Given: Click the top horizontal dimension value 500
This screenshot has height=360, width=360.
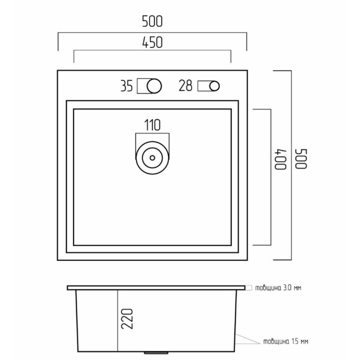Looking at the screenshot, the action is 152,21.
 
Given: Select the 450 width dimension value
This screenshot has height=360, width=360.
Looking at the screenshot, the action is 152,42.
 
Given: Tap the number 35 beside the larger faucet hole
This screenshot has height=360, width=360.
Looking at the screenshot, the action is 126,86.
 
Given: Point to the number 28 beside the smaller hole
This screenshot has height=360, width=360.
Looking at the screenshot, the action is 185,86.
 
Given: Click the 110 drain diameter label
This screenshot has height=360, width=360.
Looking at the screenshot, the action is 152,125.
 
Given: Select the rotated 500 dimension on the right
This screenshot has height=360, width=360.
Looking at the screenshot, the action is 301,159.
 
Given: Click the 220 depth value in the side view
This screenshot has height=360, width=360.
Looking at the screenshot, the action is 127,319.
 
